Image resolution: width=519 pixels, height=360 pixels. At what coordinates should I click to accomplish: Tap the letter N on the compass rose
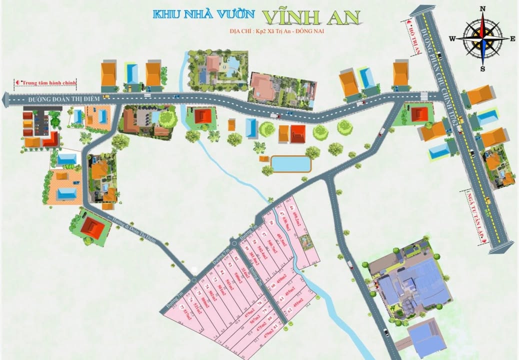click(x=483, y=9)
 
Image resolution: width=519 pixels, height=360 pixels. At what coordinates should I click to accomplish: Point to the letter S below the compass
click(x=483, y=68)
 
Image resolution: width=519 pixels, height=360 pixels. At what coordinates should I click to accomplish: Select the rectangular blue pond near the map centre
click(x=290, y=163)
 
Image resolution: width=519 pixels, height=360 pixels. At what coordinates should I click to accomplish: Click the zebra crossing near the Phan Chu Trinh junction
click(x=423, y=94)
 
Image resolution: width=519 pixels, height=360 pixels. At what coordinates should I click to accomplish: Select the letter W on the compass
click(x=452, y=38)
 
